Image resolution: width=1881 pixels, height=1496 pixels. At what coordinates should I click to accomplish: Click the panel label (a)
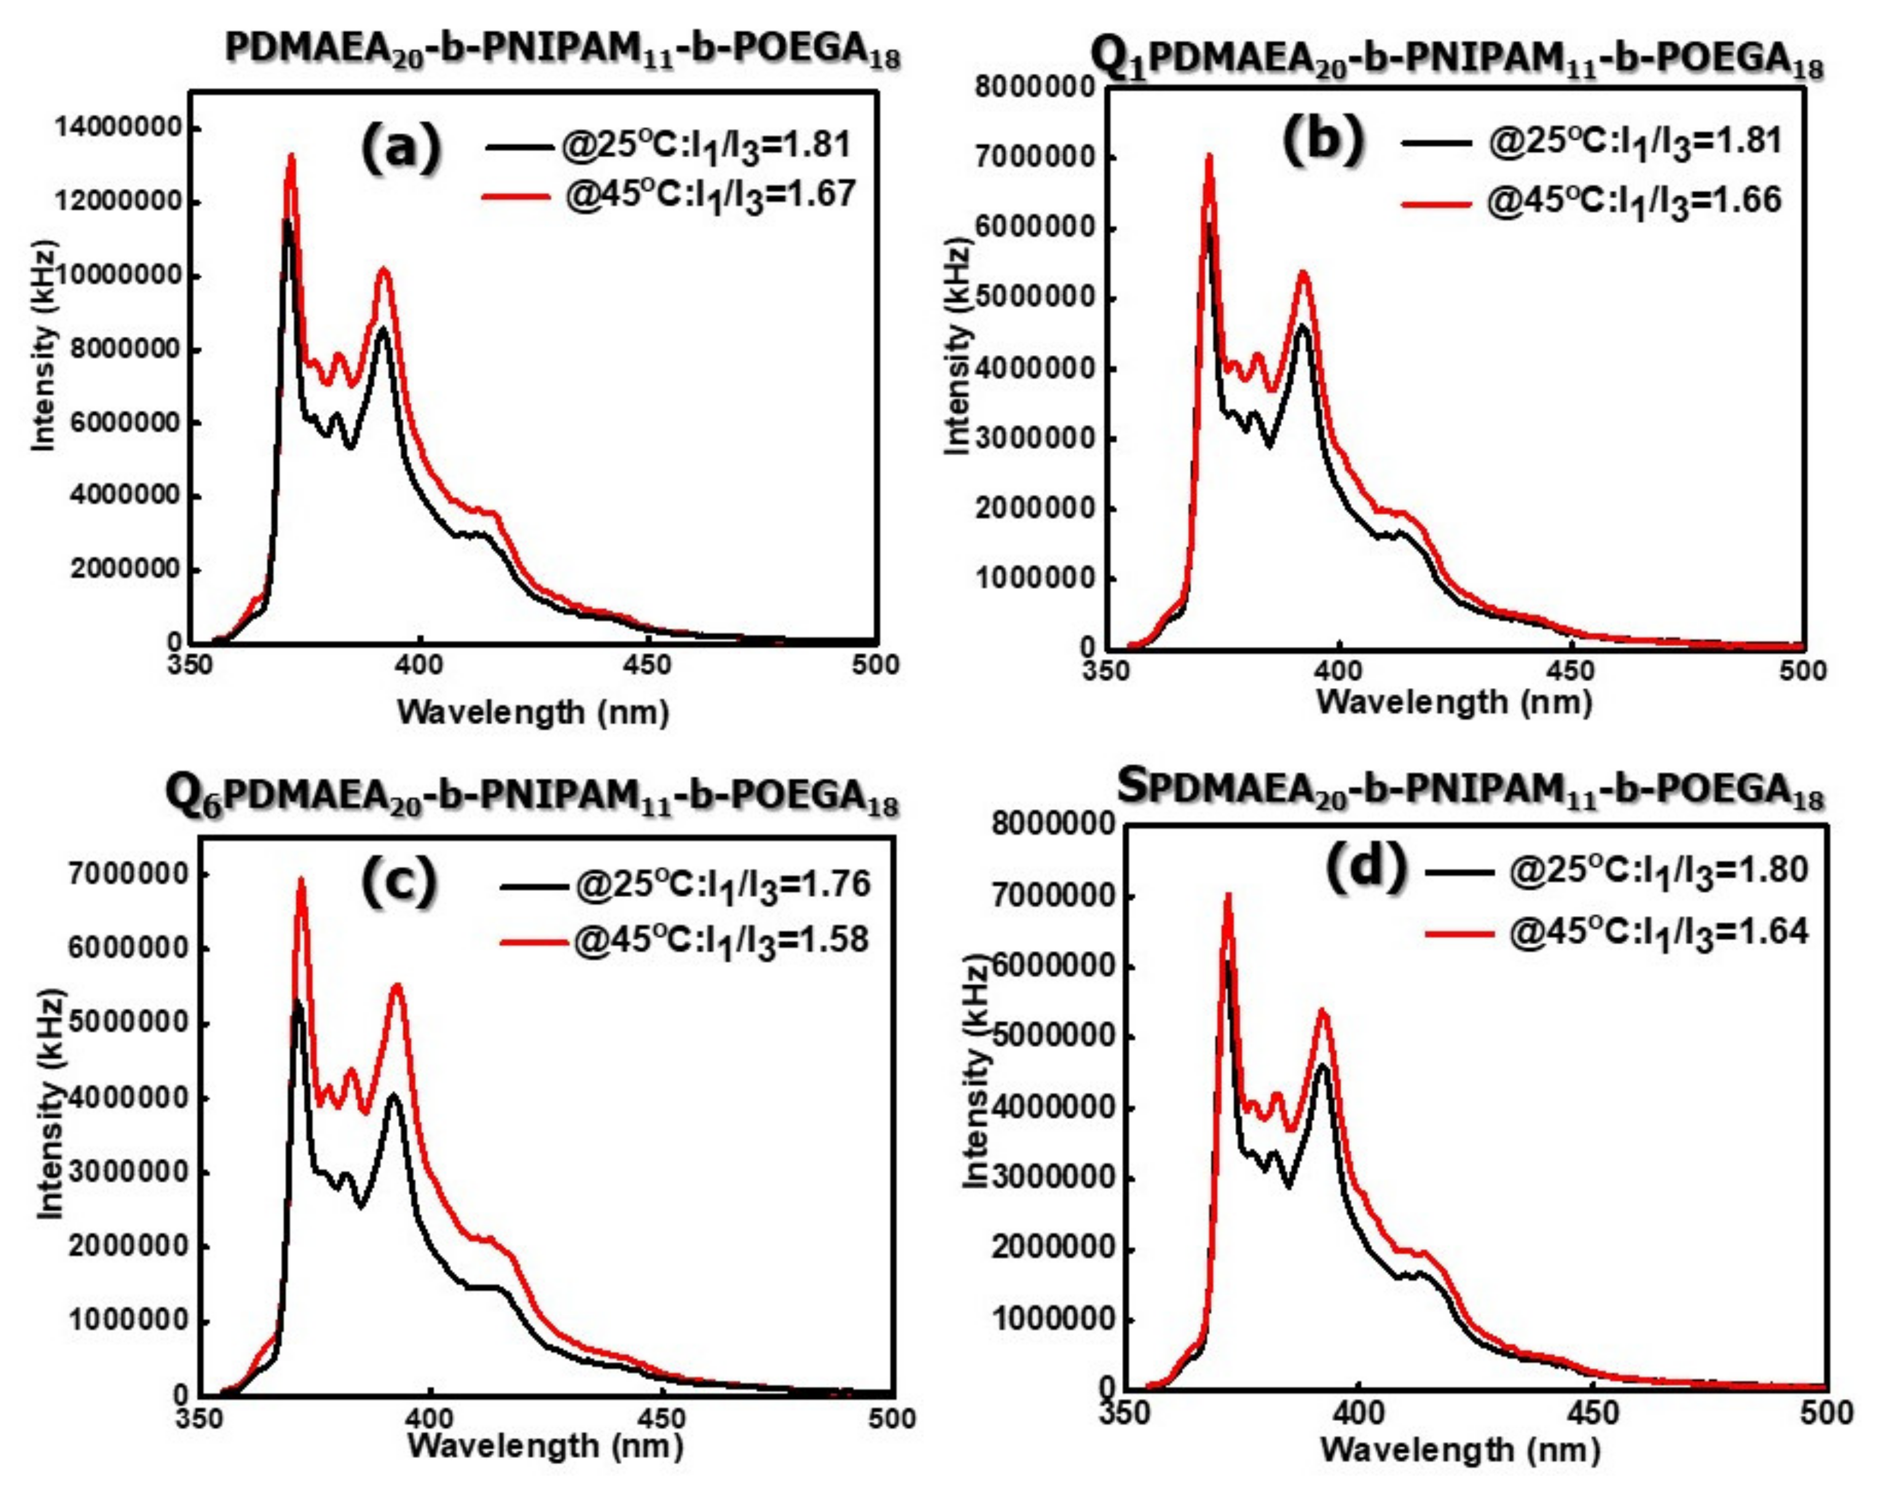pyautogui.click(x=401, y=147)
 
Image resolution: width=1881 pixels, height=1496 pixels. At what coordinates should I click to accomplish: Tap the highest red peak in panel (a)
pyautogui.click(x=291, y=157)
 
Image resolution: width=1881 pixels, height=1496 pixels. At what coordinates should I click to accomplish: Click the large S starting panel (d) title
pyautogui.click(x=1133, y=787)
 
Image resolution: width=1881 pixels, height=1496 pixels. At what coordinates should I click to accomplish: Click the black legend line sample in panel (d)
pyautogui.click(x=1459, y=871)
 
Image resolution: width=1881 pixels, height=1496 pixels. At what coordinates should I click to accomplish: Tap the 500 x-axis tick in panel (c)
pyautogui.click(x=892, y=1417)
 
